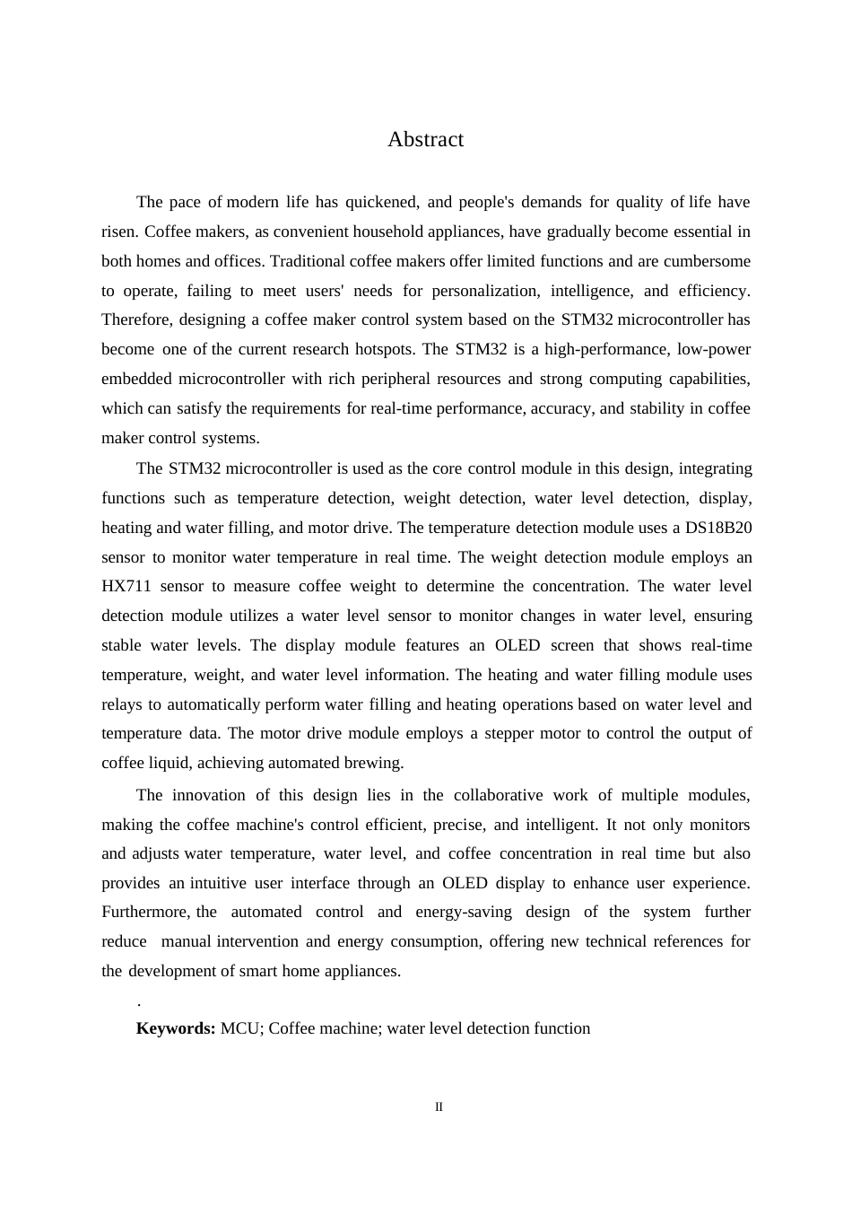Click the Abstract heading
click(x=425, y=140)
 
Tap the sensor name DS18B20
click(x=718, y=528)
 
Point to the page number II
click(x=439, y=1107)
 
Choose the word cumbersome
click(x=707, y=261)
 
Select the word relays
click(x=122, y=704)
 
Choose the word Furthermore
click(x=144, y=912)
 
